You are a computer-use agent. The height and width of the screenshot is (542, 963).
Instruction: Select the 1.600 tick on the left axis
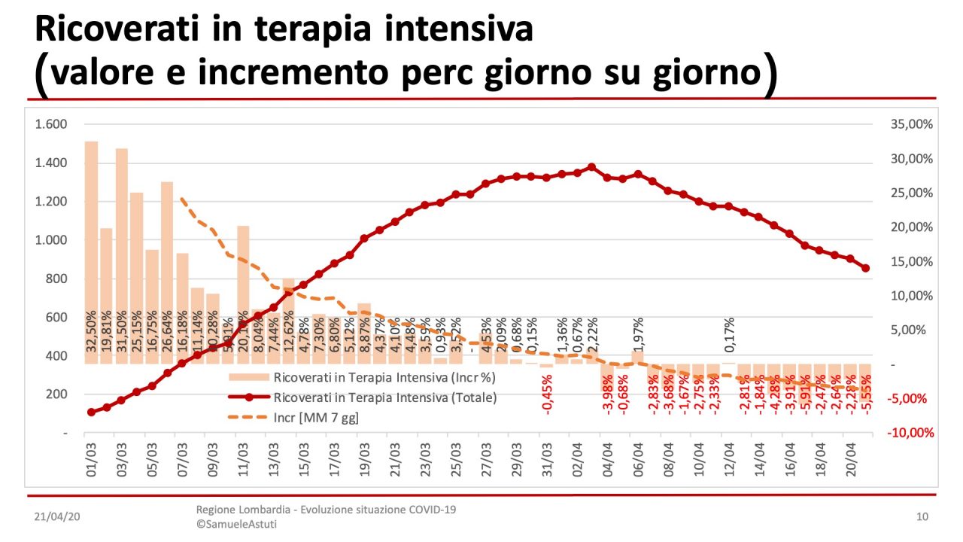click(x=51, y=124)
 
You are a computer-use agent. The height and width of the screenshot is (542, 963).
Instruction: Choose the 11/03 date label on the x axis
click(x=243, y=459)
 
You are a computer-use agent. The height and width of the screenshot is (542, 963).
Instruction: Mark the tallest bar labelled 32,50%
click(x=92, y=252)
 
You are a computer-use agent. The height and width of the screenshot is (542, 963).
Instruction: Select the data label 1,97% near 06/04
click(x=638, y=336)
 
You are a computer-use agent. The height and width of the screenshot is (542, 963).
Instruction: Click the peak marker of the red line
click(x=591, y=167)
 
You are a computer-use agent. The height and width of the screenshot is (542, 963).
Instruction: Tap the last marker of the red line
click(x=866, y=268)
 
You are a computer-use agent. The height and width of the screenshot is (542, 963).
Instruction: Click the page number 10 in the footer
click(x=922, y=516)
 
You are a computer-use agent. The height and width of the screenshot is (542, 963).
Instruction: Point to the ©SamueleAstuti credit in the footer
click(x=236, y=524)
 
